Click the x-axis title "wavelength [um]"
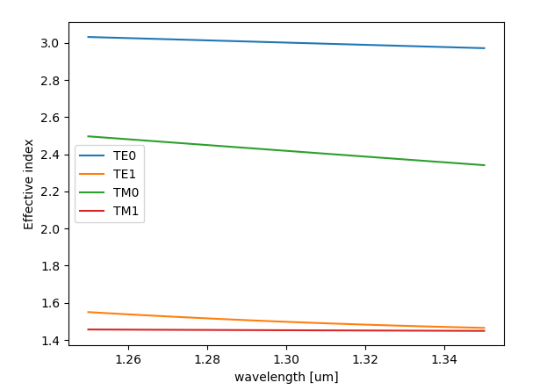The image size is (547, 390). [286, 377]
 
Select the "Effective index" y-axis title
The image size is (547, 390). [29, 184]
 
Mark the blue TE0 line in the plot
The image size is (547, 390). [286, 42]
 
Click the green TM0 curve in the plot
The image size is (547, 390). [286, 151]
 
